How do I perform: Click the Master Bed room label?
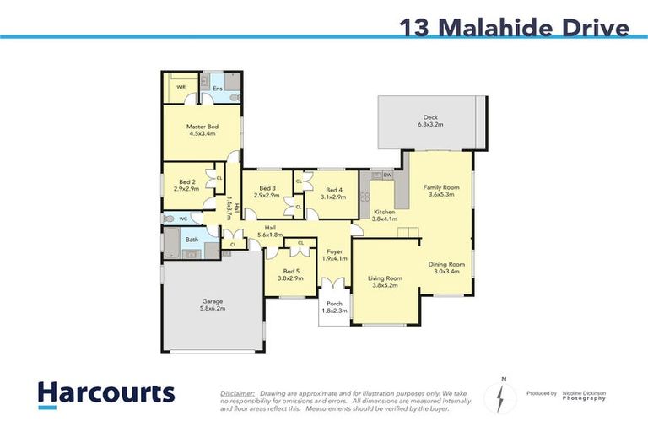pos(201,129)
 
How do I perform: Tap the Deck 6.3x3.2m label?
pos(430,121)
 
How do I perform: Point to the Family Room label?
pos(440,191)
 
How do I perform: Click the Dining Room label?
pos(445,267)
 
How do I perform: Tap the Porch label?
pos(335,307)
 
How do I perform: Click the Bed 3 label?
pos(267,192)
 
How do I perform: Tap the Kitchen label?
pos(385,215)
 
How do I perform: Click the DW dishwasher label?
pos(387,175)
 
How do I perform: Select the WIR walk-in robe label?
pos(181,86)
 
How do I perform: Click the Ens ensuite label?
pos(217,88)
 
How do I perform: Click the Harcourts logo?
pos(106,394)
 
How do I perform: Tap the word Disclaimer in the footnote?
pos(237,393)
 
